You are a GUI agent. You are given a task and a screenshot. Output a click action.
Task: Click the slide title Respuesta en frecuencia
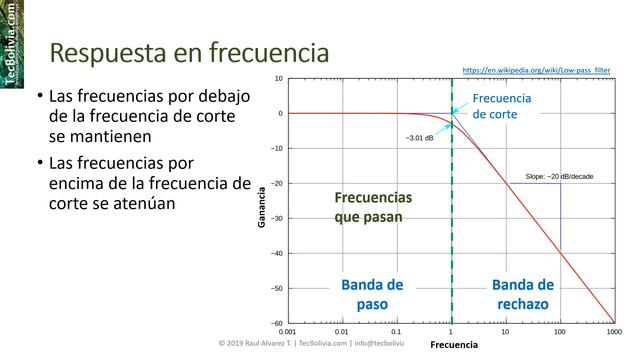pyautogui.click(x=189, y=52)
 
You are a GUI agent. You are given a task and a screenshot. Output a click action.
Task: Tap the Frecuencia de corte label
pyautogui.click(x=501, y=106)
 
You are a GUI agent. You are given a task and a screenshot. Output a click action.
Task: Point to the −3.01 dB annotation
pyautogui.click(x=420, y=137)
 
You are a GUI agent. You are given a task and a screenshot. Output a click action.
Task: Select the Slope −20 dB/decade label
pyautogui.click(x=559, y=177)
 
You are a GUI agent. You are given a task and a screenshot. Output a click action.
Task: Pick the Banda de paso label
pyautogui.click(x=372, y=293)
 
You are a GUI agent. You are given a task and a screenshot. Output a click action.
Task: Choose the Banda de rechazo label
pyautogui.click(x=523, y=293)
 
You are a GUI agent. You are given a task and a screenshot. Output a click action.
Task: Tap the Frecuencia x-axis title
pyautogui.click(x=453, y=345)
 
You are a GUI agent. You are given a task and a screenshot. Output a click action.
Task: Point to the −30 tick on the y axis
pyautogui.click(x=276, y=218)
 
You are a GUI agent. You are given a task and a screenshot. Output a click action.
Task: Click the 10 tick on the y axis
pyautogui.click(x=278, y=78)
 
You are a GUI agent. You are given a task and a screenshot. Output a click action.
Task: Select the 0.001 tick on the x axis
pyautogui.click(x=288, y=331)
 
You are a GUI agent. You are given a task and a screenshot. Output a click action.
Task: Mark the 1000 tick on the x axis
pyautogui.click(x=613, y=331)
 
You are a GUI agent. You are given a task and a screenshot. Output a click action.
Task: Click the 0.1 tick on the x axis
pyautogui.click(x=397, y=331)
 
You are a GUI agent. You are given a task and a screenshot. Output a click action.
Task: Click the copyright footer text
pyautogui.click(x=311, y=344)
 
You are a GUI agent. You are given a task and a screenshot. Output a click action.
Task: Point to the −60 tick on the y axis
pyautogui.click(x=276, y=323)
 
